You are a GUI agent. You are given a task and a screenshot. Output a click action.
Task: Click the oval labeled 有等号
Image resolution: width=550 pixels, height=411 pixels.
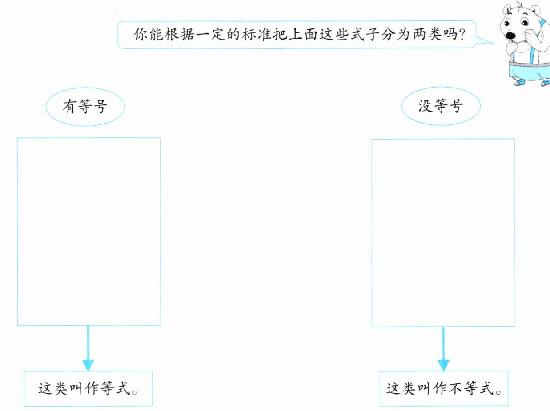pos(85,107)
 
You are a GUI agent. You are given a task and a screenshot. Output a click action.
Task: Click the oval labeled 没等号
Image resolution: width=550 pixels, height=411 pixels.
pos(441,107)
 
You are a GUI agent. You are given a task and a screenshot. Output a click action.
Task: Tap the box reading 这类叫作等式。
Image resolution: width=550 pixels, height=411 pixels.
pos(88,388)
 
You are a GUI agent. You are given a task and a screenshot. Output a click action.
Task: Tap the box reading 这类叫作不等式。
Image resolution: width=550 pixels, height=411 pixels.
pos(444,388)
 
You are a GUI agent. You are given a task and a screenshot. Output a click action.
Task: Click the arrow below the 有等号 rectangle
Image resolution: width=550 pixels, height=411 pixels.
pos(88,351)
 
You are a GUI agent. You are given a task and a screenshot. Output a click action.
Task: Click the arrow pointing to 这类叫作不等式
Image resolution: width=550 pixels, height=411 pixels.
pos(443,351)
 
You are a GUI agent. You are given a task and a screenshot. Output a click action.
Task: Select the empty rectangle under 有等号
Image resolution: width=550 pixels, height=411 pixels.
pos(88,231)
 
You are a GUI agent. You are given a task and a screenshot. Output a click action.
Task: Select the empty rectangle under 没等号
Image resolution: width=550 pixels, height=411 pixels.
pos(443,232)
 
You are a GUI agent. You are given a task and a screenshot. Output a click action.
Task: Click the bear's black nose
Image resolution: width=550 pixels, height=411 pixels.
pos(511,35)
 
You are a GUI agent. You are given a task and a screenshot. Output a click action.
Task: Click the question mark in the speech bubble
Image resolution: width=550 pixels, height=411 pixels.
pos(461,34)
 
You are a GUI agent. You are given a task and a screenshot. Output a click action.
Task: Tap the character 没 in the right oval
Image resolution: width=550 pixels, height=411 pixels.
pos(425,107)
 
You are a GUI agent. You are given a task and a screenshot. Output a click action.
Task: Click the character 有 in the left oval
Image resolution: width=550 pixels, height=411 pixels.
pos(70,107)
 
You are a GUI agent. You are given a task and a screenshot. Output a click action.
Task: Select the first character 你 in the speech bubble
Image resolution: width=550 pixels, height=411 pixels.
pos(141,34)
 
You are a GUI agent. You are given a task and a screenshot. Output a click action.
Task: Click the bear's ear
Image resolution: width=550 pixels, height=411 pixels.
pos(506,9)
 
